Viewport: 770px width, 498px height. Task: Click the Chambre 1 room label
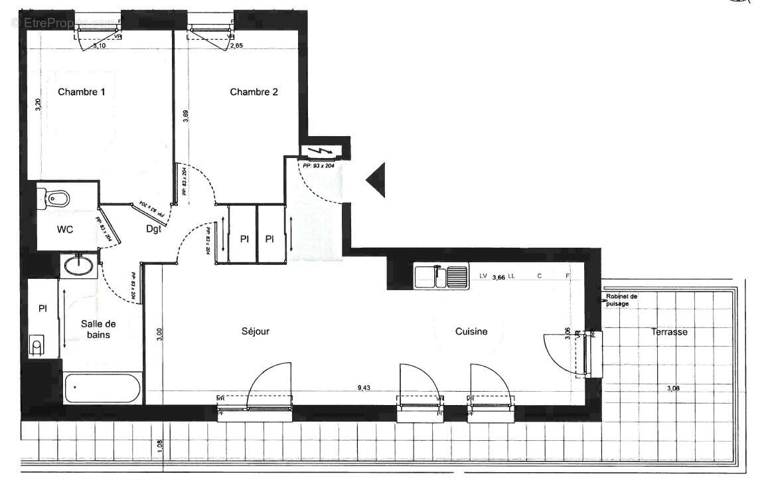click(x=81, y=92)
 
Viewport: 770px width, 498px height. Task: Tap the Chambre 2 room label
click(x=254, y=92)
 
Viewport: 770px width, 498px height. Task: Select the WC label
click(x=65, y=230)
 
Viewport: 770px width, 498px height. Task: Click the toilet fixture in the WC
click(x=54, y=198)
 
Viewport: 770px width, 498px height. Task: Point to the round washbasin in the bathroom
click(x=79, y=266)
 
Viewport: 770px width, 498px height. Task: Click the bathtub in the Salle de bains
click(x=102, y=387)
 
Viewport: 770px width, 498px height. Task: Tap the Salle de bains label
click(x=99, y=329)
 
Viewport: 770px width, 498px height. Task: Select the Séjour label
click(x=256, y=331)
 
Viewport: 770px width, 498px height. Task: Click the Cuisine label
click(x=471, y=331)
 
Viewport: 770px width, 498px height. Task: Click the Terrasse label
click(x=668, y=332)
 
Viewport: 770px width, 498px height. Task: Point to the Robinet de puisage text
click(x=621, y=300)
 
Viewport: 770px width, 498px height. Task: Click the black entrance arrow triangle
click(x=376, y=180)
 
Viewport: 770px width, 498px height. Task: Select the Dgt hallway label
click(x=154, y=229)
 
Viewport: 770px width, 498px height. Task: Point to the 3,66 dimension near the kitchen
click(x=499, y=278)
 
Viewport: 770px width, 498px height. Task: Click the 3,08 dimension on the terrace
click(x=672, y=388)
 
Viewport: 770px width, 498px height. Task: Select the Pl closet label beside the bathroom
click(x=43, y=309)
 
